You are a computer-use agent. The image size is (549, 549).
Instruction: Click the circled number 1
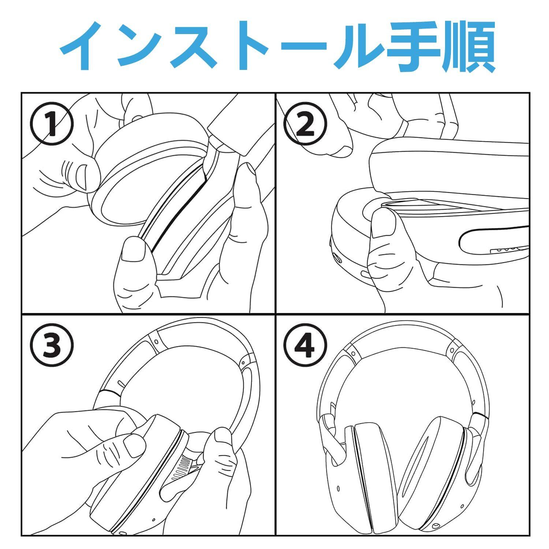52,124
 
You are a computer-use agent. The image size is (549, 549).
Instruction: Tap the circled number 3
52,346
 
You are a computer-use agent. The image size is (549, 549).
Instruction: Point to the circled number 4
305,346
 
